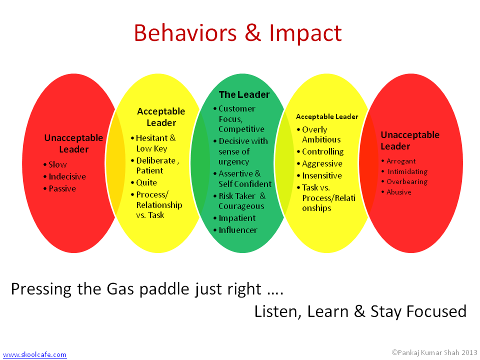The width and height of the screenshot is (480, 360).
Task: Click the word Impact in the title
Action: [305, 33]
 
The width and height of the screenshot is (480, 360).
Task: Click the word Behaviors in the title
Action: [185, 33]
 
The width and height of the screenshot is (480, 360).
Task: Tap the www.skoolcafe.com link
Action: [34, 354]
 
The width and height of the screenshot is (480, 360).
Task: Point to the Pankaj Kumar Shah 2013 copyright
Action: [434, 352]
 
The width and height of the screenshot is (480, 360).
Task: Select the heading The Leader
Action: [244, 94]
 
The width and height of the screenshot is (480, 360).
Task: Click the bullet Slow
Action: [58, 164]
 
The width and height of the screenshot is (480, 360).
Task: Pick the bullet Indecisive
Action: [67, 176]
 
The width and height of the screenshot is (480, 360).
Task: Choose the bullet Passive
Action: [62, 188]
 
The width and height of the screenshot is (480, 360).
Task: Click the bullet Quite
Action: [146, 183]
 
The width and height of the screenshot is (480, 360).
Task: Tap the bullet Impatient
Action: [237, 218]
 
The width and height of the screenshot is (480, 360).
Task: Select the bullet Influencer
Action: [238, 230]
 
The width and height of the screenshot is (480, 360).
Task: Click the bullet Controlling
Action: [323, 151]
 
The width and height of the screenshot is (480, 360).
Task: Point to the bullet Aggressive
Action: [322, 164]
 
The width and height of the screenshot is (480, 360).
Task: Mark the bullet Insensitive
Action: [322, 175]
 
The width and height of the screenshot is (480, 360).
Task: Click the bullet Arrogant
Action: [401, 161]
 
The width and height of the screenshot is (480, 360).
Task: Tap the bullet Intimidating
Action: [407, 171]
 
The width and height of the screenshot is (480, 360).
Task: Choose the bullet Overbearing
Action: [407, 181]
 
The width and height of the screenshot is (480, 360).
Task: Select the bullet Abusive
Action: [399, 192]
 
